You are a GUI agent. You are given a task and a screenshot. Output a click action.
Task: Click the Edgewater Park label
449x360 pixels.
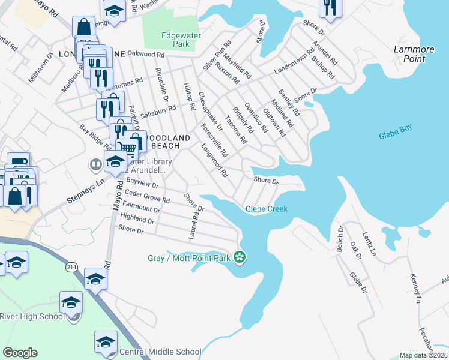pyautogui.click(x=176, y=40)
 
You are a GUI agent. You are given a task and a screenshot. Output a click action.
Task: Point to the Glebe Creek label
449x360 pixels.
pyautogui.click(x=267, y=209)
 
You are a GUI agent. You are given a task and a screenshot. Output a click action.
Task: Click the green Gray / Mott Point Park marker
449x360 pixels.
pyautogui.click(x=240, y=257)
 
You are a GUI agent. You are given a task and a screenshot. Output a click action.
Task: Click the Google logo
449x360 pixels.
pyautogui.click(x=20, y=353)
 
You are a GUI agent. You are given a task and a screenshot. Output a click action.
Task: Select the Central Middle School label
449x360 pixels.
pyautogui.click(x=160, y=352)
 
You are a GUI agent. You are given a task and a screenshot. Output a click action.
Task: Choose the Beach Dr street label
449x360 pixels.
pyautogui.click(x=340, y=239)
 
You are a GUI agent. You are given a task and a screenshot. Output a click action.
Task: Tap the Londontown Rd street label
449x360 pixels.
pyautogui.click(x=294, y=61)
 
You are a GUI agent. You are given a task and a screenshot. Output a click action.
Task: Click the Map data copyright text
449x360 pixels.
pyautogui.click(x=424, y=355)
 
